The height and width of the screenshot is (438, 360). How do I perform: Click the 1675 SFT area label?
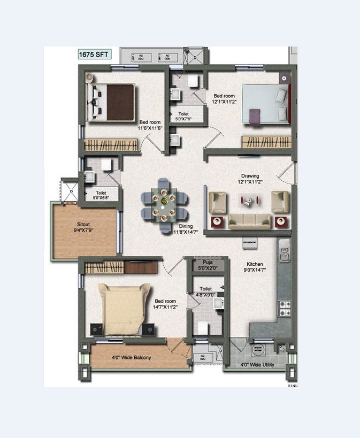[94, 55]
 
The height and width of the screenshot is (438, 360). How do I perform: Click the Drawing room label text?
[250, 176]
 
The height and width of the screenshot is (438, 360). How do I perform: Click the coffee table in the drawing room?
[248, 201]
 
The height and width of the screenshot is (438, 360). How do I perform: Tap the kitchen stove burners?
[284, 308]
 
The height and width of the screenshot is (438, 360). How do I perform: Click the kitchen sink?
[284, 247]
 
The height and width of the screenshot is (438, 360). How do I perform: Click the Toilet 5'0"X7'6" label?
[187, 117]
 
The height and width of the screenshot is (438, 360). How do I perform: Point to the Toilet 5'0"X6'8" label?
[101, 195]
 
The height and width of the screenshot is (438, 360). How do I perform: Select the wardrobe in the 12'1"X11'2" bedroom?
[266, 142]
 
